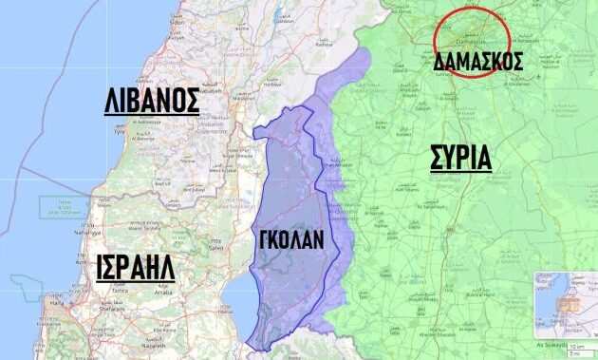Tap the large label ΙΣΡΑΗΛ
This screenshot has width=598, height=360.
[x=136, y=268]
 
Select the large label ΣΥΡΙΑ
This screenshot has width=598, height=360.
[x=459, y=157]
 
